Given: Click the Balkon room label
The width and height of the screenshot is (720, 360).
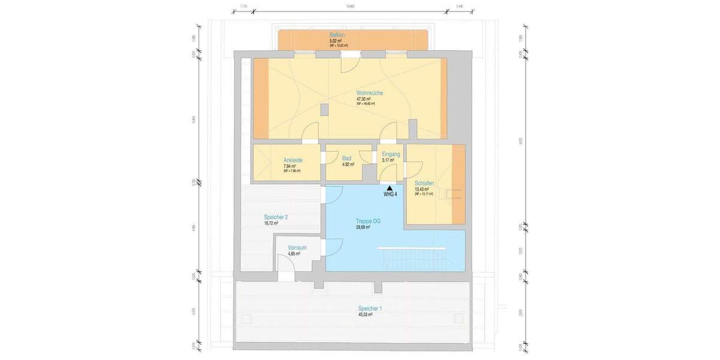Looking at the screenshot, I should click(337, 35).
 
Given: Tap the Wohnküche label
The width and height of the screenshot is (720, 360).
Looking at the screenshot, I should click(370, 93).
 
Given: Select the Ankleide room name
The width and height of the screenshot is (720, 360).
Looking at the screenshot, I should click(292, 160).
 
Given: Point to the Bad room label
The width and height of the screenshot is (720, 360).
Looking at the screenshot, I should click(347, 158).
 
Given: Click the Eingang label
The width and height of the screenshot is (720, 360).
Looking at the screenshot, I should click(391, 154).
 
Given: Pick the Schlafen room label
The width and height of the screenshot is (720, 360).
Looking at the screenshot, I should click(424, 183).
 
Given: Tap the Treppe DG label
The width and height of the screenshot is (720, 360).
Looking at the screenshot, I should click(367, 221).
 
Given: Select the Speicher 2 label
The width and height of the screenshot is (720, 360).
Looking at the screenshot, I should click(275, 217).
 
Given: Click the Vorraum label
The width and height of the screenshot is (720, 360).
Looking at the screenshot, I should click(297, 248).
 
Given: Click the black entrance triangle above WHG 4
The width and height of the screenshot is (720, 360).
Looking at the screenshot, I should click(390, 188).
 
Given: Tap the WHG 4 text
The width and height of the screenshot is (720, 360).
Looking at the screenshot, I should click(390, 194).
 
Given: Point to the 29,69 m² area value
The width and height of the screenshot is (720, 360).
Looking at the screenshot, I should click(364, 227).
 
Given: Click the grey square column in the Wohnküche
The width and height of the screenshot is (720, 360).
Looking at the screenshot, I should click(325, 110).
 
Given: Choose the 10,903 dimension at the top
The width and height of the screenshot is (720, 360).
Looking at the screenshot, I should click(350, 6).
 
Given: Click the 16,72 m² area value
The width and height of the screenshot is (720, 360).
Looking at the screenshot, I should click(271, 223).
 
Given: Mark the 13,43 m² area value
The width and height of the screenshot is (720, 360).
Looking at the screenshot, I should click(421, 189).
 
